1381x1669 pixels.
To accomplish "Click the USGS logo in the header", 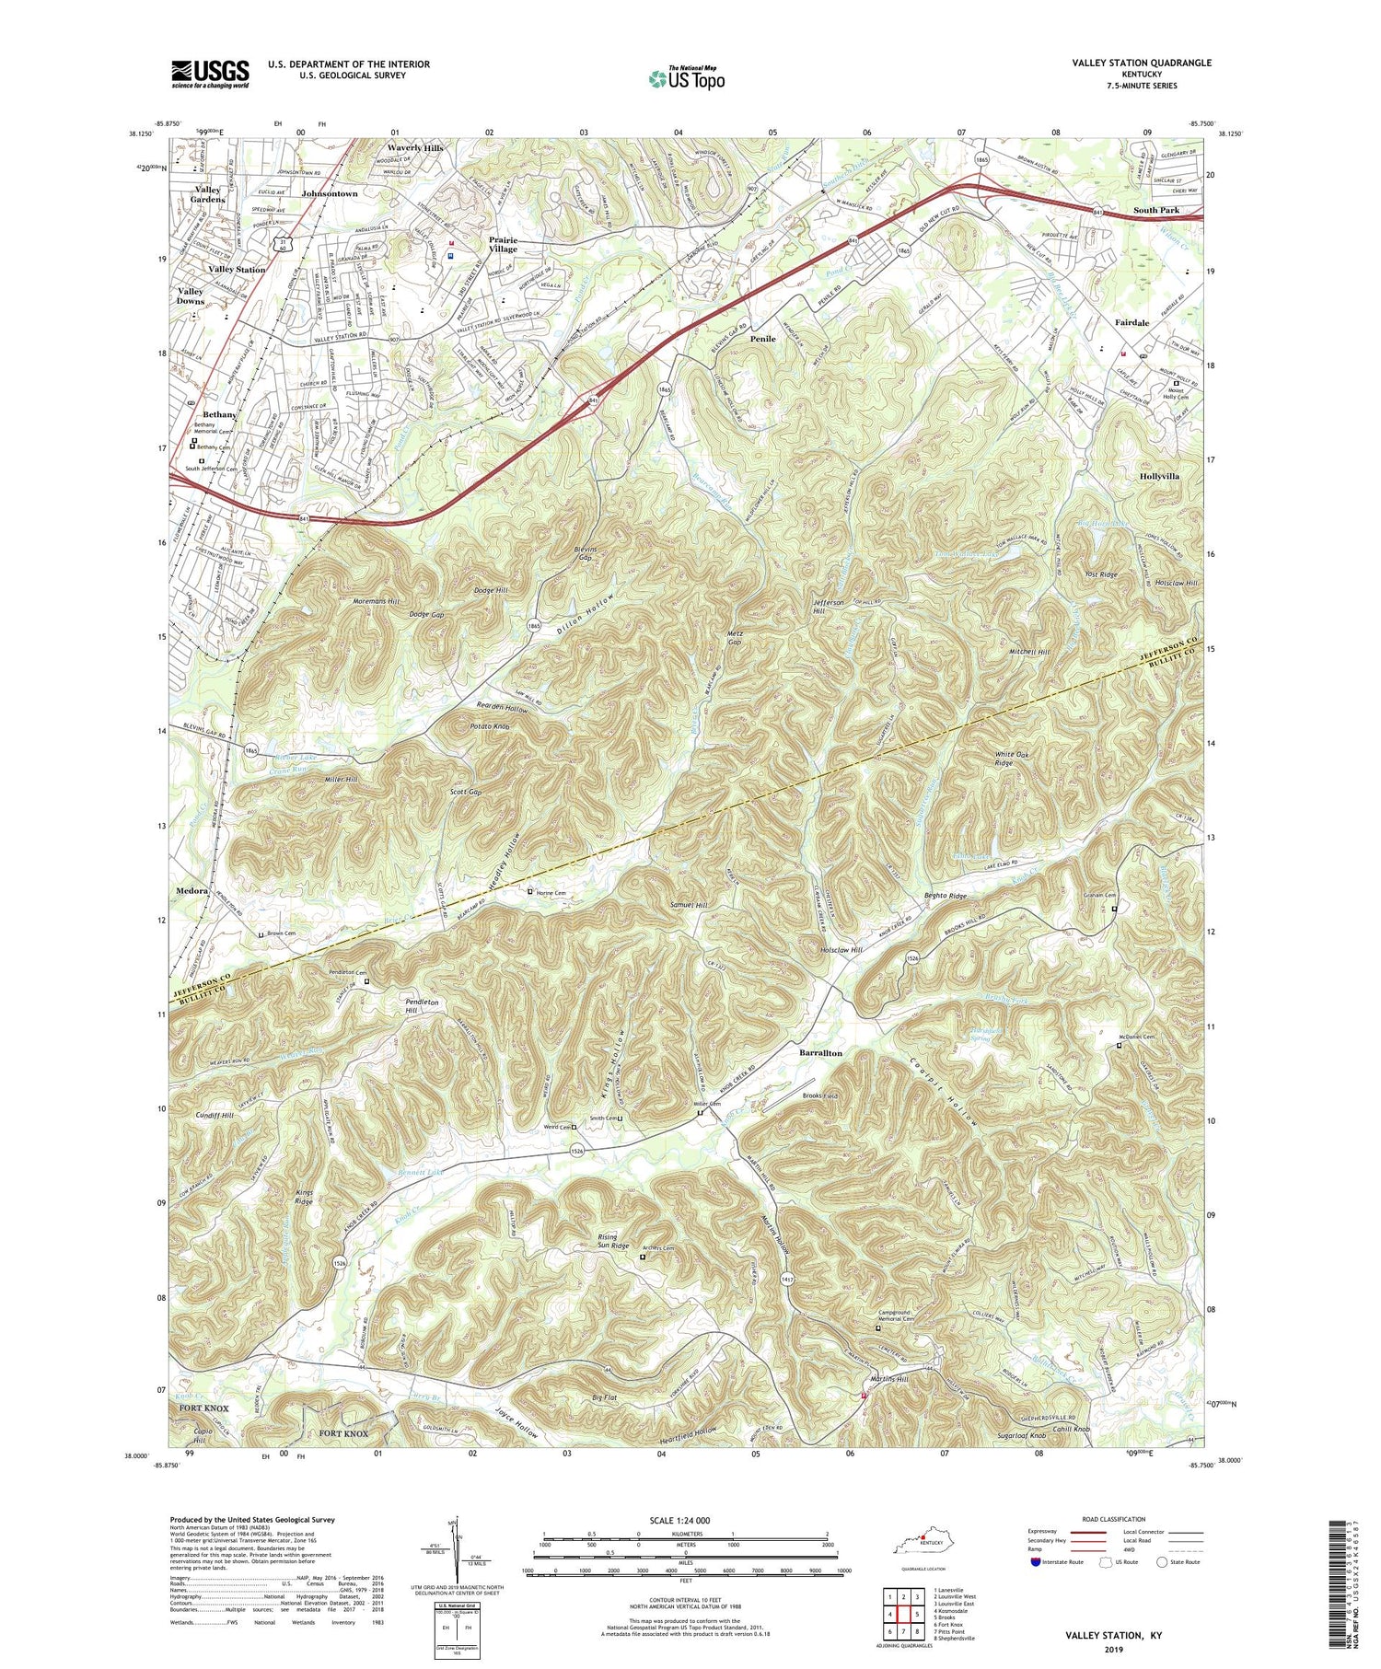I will coord(210,74).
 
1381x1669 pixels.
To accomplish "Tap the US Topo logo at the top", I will coord(686,79).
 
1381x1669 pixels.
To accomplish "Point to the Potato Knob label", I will coord(487,726).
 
